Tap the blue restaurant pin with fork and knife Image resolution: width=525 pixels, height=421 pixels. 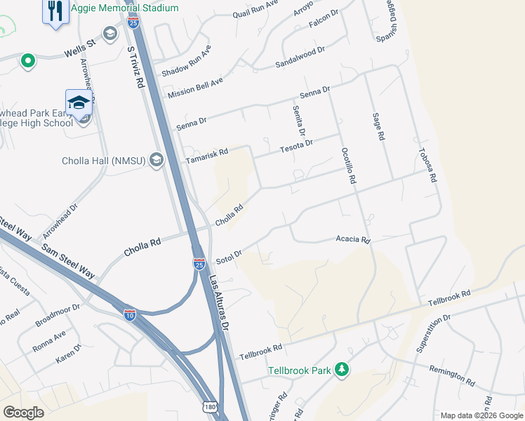coord(55,11)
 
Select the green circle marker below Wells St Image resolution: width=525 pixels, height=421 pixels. coord(28,62)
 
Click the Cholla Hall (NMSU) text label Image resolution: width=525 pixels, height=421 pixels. coord(103,161)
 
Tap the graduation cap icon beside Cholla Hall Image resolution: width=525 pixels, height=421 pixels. coord(156,161)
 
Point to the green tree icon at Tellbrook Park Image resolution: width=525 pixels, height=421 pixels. coord(342,369)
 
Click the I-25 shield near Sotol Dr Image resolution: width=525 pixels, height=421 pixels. coord(199,263)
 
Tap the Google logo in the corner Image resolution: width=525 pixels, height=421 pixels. coord(23,413)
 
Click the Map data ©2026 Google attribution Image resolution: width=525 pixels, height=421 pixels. coord(481,415)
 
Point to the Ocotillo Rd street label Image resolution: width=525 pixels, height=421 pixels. coord(347,166)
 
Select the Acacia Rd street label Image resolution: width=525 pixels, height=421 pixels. coord(352,240)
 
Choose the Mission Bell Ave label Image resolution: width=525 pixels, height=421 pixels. coord(195,88)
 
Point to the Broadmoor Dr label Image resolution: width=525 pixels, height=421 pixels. coord(58,316)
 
